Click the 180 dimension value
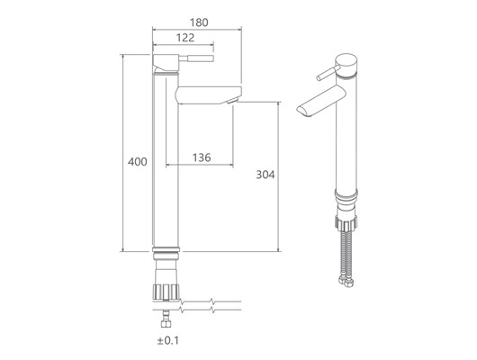(199, 22)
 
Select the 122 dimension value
(185, 38)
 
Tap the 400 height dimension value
(138, 162)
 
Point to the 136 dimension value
(202, 157)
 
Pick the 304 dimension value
(265, 175)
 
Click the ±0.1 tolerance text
(168, 340)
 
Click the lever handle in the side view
(196, 58)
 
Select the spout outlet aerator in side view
(232, 101)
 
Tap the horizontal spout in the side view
(209, 95)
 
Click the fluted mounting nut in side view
(166, 292)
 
